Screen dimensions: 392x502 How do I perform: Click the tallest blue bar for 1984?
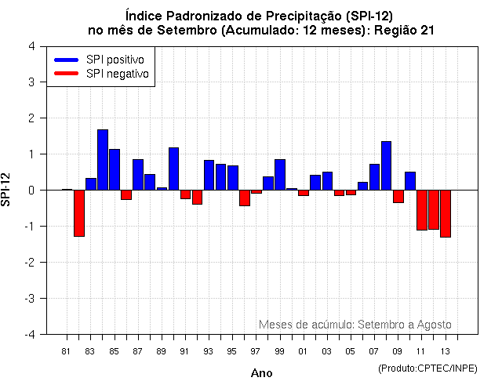click(103, 160)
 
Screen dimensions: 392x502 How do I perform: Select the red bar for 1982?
click(79, 212)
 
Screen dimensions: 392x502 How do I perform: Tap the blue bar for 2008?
click(387, 165)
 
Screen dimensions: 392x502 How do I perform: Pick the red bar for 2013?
click(446, 213)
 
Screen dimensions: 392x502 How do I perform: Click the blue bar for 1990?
click(173, 169)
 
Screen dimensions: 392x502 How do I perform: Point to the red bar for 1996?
click(245, 198)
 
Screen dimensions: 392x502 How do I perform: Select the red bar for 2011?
click(422, 210)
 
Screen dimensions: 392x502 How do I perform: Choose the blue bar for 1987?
click(138, 174)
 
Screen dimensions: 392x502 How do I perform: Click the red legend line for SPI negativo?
click(67, 74)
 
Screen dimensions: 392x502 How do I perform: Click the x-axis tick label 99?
click(280, 351)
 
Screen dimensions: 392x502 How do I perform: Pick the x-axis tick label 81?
click(66, 351)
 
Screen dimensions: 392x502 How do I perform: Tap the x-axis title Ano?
click(261, 373)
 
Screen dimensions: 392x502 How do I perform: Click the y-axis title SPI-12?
click(7, 190)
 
